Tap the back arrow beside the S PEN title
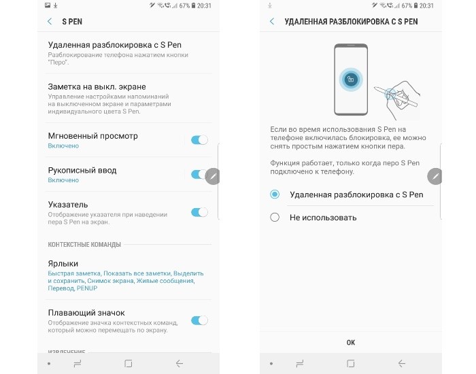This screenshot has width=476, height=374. pyautogui.click(x=50, y=22)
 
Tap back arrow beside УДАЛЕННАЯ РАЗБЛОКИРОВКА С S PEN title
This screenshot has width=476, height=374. pyautogui.click(x=272, y=22)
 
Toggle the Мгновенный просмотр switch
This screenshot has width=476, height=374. pyautogui.click(x=199, y=140)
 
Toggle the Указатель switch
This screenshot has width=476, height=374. pyautogui.click(x=199, y=212)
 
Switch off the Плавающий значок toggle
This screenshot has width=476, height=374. pyautogui.click(x=199, y=320)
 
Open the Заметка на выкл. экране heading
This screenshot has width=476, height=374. pyautogui.click(x=97, y=87)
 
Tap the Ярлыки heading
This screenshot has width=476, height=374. pyautogui.click(x=63, y=264)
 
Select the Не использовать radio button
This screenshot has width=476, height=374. pyautogui.click(x=275, y=218)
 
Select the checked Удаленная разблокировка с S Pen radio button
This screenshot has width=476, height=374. pyautogui.click(x=275, y=194)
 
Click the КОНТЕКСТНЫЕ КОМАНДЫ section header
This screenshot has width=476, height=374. pyautogui.click(x=84, y=245)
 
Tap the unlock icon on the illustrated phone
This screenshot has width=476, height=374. pyautogui.click(x=351, y=80)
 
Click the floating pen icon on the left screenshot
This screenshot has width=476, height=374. pyautogui.click(x=212, y=176)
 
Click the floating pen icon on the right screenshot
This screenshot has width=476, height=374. pyautogui.click(x=435, y=176)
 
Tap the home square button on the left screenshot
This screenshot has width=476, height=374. pyautogui.click(x=128, y=363)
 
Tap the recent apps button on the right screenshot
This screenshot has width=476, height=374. pyautogui.click(x=300, y=363)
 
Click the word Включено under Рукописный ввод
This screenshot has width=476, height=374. pyautogui.click(x=63, y=180)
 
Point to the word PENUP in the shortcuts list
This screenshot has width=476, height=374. pyautogui.click(x=87, y=288)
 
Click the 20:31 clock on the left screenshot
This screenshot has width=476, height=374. pyautogui.click(x=204, y=5)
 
